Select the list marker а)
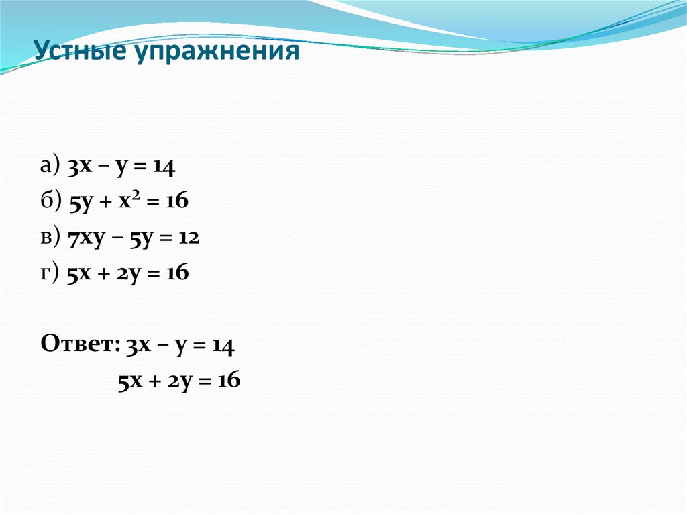[50, 167]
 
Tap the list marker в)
[50, 237]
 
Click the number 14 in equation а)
[164, 167]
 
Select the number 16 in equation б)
[178, 202]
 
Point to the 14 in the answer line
[222, 345]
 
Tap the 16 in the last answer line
[229, 381]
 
